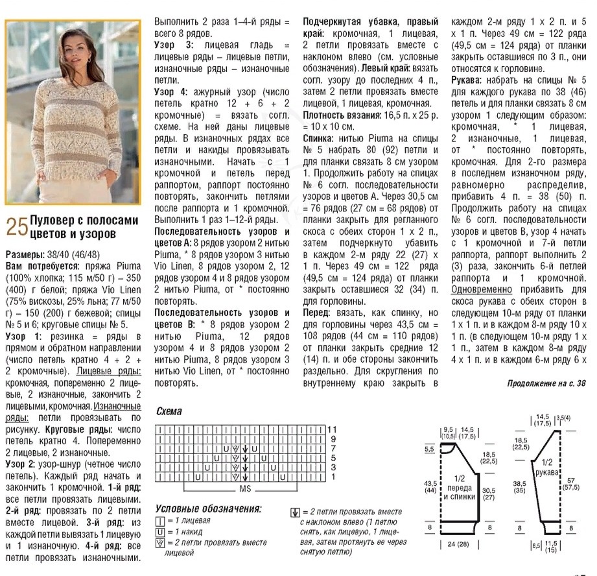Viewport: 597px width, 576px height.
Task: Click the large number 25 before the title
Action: tap(17, 226)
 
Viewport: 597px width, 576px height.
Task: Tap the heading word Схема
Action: tap(169, 411)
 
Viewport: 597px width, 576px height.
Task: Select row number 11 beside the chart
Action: tap(333, 429)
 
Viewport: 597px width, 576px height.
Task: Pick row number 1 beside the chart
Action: tap(333, 477)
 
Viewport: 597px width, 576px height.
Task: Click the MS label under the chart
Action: tap(246, 487)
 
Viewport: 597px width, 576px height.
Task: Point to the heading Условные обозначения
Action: tap(208, 509)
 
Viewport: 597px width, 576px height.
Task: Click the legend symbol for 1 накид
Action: tap(159, 532)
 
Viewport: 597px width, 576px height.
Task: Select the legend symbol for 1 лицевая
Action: tap(159, 521)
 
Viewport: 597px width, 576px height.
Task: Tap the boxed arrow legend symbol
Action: tap(295, 512)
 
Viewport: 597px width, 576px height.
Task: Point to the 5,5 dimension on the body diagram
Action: tap(429, 449)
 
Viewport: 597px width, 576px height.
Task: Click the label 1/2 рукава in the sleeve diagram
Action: tap(546, 468)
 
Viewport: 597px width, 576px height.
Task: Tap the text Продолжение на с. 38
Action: tap(547, 383)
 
